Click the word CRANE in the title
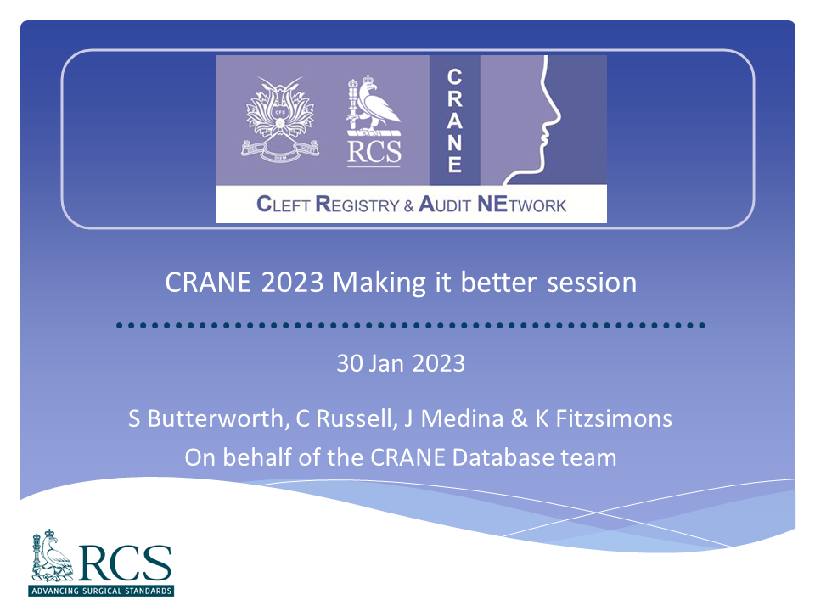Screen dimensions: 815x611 click(208, 283)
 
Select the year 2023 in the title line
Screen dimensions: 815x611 click(293, 283)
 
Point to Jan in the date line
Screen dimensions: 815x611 click(386, 363)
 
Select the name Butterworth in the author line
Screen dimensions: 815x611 click(216, 418)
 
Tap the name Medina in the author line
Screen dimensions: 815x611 click(462, 418)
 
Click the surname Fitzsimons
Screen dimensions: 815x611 click(614, 418)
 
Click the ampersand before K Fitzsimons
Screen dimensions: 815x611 click(520, 418)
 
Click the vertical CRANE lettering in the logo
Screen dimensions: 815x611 click(455, 121)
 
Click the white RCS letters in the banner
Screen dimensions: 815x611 click(374, 152)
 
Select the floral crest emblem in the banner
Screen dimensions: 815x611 click(280, 119)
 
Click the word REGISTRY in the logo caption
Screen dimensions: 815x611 click(357, 205)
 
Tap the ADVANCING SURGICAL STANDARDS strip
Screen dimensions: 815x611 click(101, 591)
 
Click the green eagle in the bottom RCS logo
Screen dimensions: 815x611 click(52, 555)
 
